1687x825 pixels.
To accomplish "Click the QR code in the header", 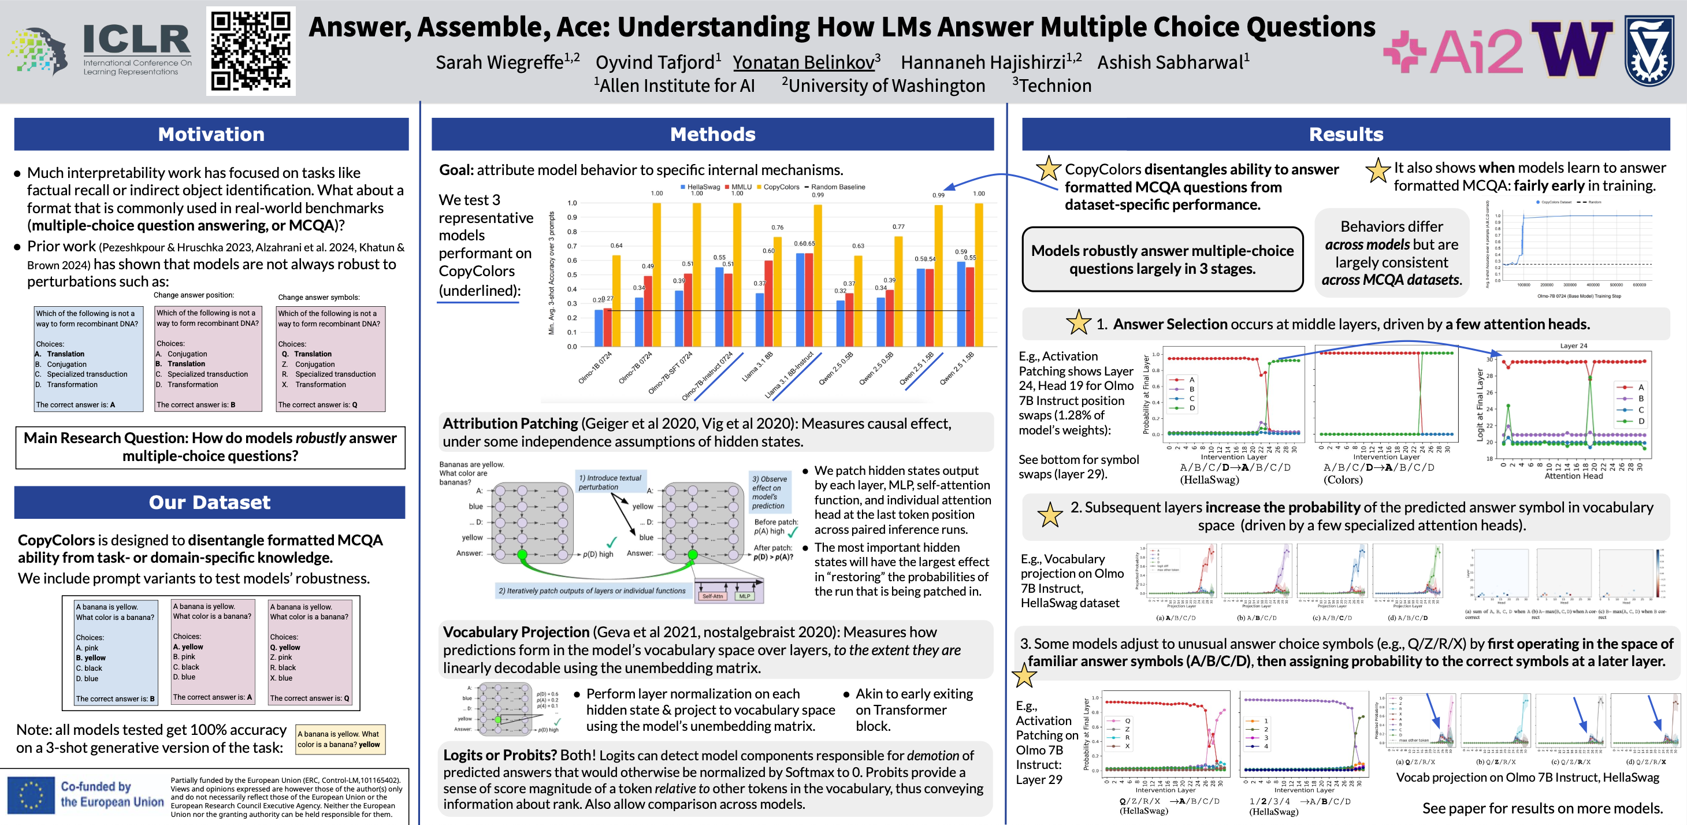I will coord(251,51).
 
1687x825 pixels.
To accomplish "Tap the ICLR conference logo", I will coord(136,49).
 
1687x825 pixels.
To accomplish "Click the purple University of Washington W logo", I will coord(1571,49).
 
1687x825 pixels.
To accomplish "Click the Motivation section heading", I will coord(211,134).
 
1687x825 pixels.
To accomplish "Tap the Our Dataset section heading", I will coord(210,502).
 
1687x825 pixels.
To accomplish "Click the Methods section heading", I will coord(712,134).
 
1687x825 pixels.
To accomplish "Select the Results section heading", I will coord(1346,134).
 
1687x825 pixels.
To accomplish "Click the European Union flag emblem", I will coord(31,795).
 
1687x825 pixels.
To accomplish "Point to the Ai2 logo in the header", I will coord(1453,51).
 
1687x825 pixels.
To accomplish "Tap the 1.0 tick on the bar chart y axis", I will coord(572,203).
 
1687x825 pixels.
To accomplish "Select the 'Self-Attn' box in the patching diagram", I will coord(712,596).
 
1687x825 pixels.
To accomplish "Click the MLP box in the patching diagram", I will coord(745,596).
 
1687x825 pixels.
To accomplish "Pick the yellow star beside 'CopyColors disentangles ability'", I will coord(1049,169).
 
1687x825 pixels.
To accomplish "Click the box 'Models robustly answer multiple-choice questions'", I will coord(1162,259).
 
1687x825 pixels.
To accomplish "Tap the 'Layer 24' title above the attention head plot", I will coord(1573,345).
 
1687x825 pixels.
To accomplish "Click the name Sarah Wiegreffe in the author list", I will coord(500,62).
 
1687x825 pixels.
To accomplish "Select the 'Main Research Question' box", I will coord(210,447).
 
